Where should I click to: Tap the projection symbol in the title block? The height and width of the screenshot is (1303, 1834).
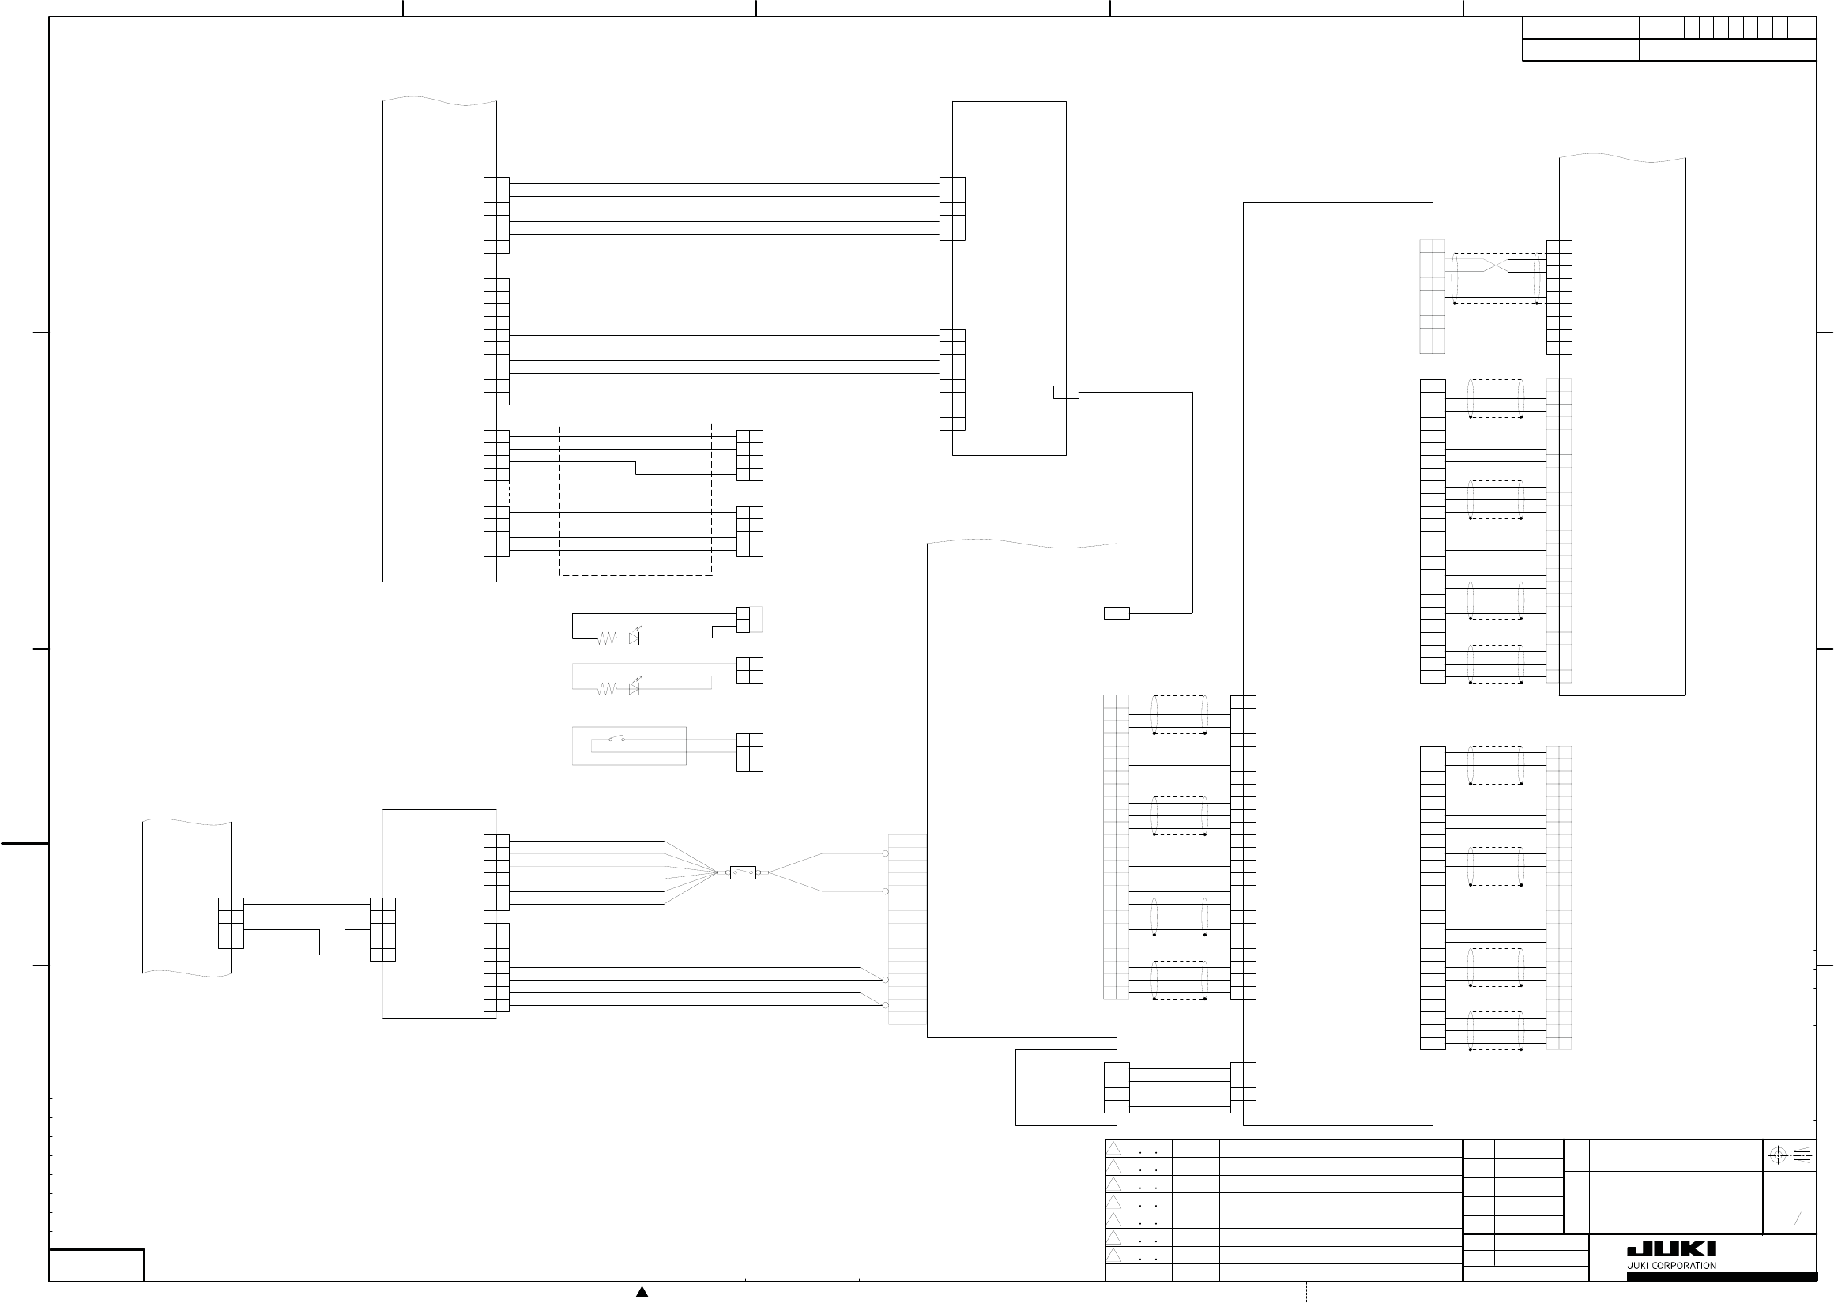click(x=1789, y=1155)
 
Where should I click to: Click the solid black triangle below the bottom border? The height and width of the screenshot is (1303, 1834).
click(x=642, y=1292)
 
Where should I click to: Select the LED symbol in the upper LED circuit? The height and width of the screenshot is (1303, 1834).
click(x=635, y=638)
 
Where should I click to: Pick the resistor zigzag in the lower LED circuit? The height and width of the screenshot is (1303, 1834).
click(x=607, y=688)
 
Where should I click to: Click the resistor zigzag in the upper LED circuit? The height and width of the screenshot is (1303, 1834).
click(x=607, y=638)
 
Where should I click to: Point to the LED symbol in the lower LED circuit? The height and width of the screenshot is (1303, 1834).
click(x=635, y=687)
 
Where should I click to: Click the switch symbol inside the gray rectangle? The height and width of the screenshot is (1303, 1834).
click(x=616, y=739)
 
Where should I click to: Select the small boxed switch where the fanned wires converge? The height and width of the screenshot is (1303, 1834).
click(x=743, y=872)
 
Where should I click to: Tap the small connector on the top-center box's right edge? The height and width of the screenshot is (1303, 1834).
click(x=1066, y=393)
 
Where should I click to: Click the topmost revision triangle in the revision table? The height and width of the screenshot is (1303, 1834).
click(x=1114, y=1149)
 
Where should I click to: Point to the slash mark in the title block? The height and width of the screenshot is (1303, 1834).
click(x=1798, y=1219)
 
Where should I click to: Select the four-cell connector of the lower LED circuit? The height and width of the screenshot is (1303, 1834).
click(x=749, y=670)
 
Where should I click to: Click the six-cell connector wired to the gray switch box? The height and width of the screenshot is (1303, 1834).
click(x=749, y=752)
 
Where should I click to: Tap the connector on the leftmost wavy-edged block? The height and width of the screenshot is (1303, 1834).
click(x=231, y=924)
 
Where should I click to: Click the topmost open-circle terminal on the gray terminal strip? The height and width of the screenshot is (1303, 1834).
click(x=886, y=853)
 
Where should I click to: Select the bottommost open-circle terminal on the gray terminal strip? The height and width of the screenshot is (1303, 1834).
click(x=886, y=1005)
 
